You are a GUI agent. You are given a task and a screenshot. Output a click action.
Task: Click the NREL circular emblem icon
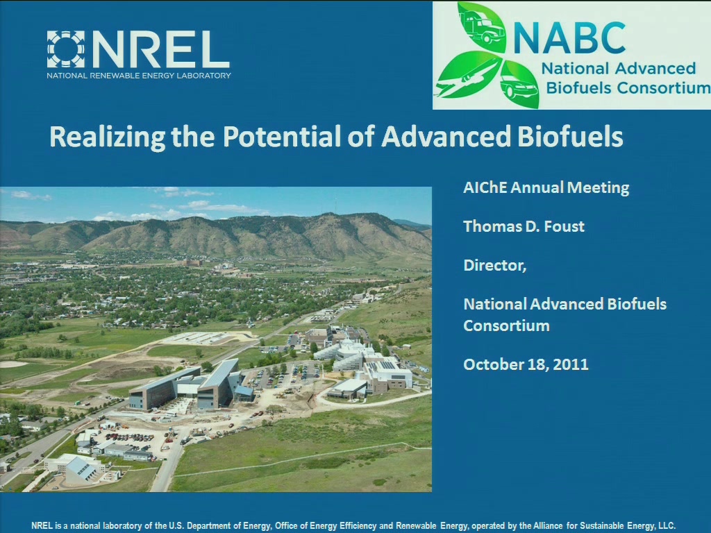66,49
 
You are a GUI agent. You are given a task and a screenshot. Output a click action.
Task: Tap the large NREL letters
161,49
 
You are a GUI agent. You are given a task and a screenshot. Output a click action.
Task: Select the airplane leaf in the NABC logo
468,75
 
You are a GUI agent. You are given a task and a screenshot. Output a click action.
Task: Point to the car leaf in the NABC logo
520,85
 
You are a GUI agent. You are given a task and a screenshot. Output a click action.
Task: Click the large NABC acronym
569,38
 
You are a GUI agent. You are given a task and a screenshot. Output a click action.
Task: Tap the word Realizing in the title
108,137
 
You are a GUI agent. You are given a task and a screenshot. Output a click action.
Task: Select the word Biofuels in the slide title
571,136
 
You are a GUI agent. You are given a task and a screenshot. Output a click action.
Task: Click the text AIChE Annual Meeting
546,187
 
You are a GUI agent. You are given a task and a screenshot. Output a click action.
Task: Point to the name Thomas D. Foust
524,226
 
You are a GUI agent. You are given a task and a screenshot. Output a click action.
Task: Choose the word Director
494,265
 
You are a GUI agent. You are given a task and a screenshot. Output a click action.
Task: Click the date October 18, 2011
526,364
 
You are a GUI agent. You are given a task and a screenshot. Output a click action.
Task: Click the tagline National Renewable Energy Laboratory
139,76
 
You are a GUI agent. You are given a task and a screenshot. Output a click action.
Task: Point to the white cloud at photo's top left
30,195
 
